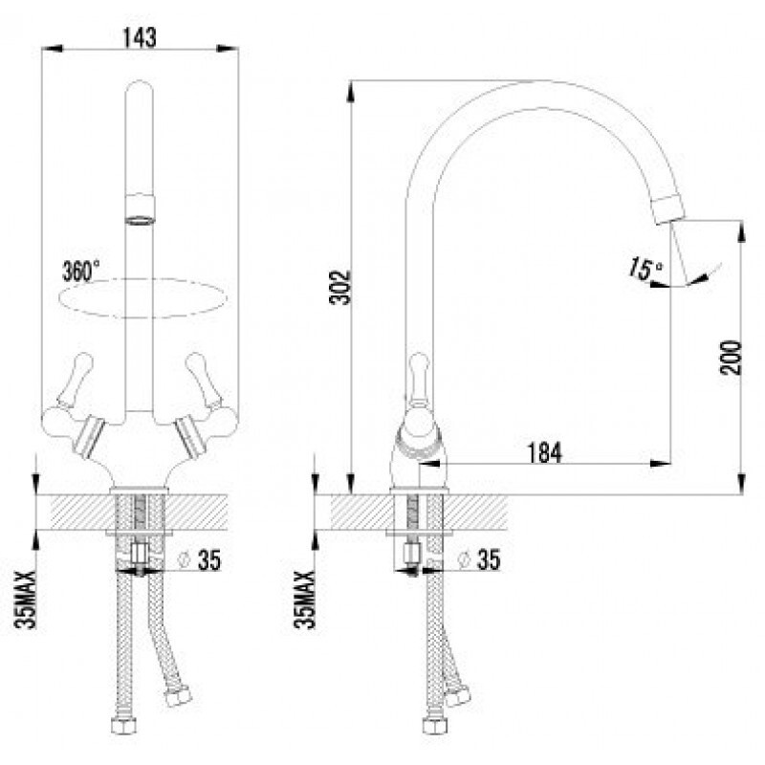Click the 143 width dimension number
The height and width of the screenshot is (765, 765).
pyautogui.click(x=140, y=37)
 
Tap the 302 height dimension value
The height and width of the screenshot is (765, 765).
pyautogui.click(x=340, y=287)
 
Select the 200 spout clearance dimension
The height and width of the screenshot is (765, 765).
pyautogui.click(x=731, y=358)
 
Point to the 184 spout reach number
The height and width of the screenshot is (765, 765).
pyautogui.click(x=544, y=452)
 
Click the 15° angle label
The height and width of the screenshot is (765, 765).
pyautogui.click(x=645, y=269)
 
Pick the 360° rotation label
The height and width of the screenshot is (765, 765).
pyautogui.click(x=81, y=271)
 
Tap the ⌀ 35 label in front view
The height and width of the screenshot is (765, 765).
pyautogui.click(x=200, y=559)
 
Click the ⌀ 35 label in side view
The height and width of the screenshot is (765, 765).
pyautogui.click(x=479, y=559)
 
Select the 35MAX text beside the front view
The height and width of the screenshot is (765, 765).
pyautogui.click(x=26, y=600)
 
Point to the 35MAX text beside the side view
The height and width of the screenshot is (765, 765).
pyautogui.click(x=304, y=600)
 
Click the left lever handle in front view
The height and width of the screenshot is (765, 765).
pyautogui.click(x=76, y=379)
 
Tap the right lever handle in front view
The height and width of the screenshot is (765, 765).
pyautogui.click(x=203, y=379)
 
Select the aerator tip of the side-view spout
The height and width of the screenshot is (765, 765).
pyautogui.click(x=668, y=208)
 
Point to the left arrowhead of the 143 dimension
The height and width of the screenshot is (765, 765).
pyautogui.click(x=53, y=49)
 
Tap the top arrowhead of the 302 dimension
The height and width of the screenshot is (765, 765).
pyautogui.click(x=350, y=91)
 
